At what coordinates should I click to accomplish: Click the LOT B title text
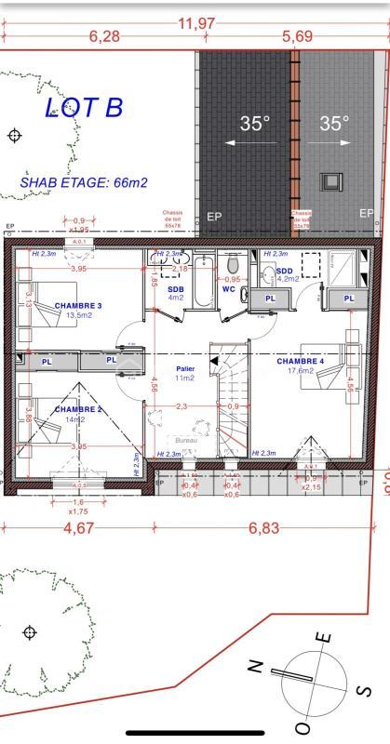coord(84,108)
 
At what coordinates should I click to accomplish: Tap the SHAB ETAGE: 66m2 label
coord(84,183)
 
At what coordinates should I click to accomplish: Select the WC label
coord(228,289)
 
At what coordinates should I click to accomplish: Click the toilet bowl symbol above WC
coord(233,266)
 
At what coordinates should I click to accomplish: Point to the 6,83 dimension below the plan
coord(264,528)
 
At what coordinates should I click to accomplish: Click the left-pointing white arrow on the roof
coord(249,144)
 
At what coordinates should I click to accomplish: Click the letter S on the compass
coord(365,690)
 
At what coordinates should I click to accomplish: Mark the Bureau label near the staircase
coord(188,439)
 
